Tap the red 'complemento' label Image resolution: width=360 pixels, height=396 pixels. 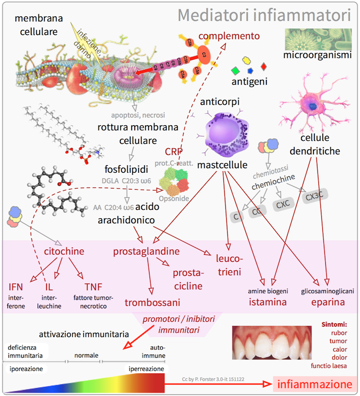228,36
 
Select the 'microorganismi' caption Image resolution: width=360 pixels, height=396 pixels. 317,54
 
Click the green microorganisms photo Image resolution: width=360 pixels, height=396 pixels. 317,38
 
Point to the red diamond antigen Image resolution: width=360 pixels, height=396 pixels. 263,66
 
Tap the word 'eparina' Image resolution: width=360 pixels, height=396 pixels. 328,302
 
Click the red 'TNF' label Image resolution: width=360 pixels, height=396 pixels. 93,288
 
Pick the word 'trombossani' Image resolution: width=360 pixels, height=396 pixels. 152,302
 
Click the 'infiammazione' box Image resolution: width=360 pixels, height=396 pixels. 314,384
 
